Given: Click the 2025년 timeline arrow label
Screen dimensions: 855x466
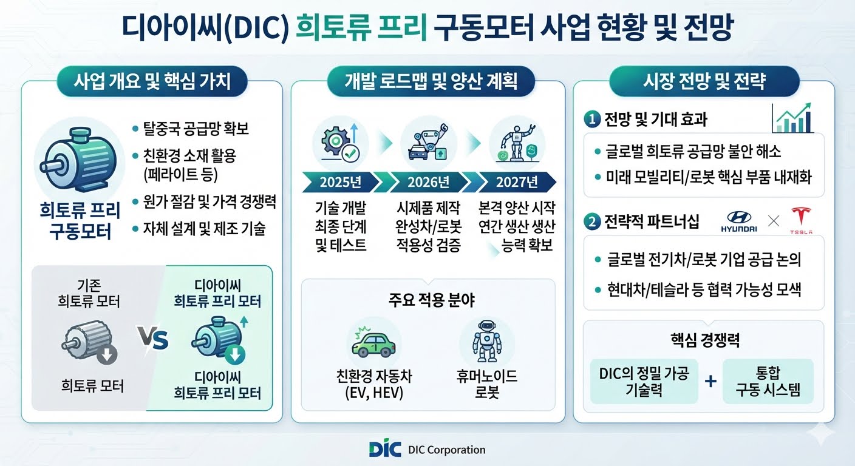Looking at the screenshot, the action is tap(341, 182).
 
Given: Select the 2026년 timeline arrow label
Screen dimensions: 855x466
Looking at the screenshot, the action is tap(428, 182).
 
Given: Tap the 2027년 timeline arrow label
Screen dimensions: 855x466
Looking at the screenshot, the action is tap(517, 182).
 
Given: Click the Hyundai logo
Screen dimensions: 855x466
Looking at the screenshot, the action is tap(739, 221).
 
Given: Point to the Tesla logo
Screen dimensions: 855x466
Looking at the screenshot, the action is tap(801, 220).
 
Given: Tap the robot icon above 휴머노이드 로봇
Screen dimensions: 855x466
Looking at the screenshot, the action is tap(486, 341).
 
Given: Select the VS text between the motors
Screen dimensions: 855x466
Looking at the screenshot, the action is tap(153, 338).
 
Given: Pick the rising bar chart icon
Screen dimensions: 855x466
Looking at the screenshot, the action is tap(792, 118).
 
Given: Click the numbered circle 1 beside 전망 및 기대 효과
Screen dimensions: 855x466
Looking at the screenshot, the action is tap(592, 120).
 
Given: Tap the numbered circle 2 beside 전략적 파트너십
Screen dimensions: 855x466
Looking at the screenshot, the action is tap(592, 221).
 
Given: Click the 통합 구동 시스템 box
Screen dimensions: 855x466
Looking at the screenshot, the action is tap(768, 381).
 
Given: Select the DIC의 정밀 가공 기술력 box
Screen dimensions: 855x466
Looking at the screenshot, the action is tap(644, 381).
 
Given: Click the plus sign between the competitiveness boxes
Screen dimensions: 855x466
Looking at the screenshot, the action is tap(710, 381).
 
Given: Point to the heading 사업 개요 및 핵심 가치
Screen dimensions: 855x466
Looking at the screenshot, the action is tap(152, 81).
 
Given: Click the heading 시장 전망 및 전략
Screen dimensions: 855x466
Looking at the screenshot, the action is tap(704, 81).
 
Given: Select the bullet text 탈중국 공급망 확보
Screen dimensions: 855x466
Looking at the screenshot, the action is tap(196, 129).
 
